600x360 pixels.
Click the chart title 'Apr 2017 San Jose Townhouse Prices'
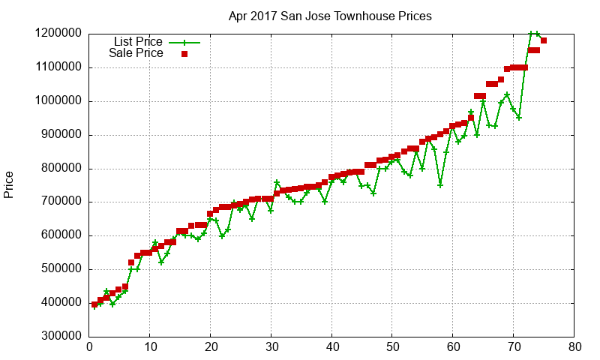pyautogui.click(x=330, y=16)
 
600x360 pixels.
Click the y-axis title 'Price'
pyautogui.click(x=9, y=184)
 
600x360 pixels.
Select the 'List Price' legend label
pyautogui.click(x=138, y=42)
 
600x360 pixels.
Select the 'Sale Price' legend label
pyautogui.click(x=136, y=53)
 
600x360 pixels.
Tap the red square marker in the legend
pyautogui.click(x=184, y=54)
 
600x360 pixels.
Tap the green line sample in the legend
pyautogui.click(x=184, y=43)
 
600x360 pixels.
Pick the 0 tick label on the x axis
pyautogui.click(x=89, y=347)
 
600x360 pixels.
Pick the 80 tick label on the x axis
pyautogui.click(x=574, y=347)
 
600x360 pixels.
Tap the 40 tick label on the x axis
pyautogui.click(x=331, y=347)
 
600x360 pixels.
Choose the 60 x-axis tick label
pyautogui.click(x=453, y=347)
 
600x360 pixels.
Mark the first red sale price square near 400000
pyautogui.click(x=94, y=304)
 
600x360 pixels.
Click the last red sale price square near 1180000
pyautogui.click(x=544, y=40)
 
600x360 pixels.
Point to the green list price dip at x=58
pyautogui.click(x=440, y=184)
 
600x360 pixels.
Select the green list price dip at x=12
pyautogui.click(x=161, y=262)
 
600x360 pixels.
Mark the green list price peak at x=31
pyautogui.click(x=277, y=182)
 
